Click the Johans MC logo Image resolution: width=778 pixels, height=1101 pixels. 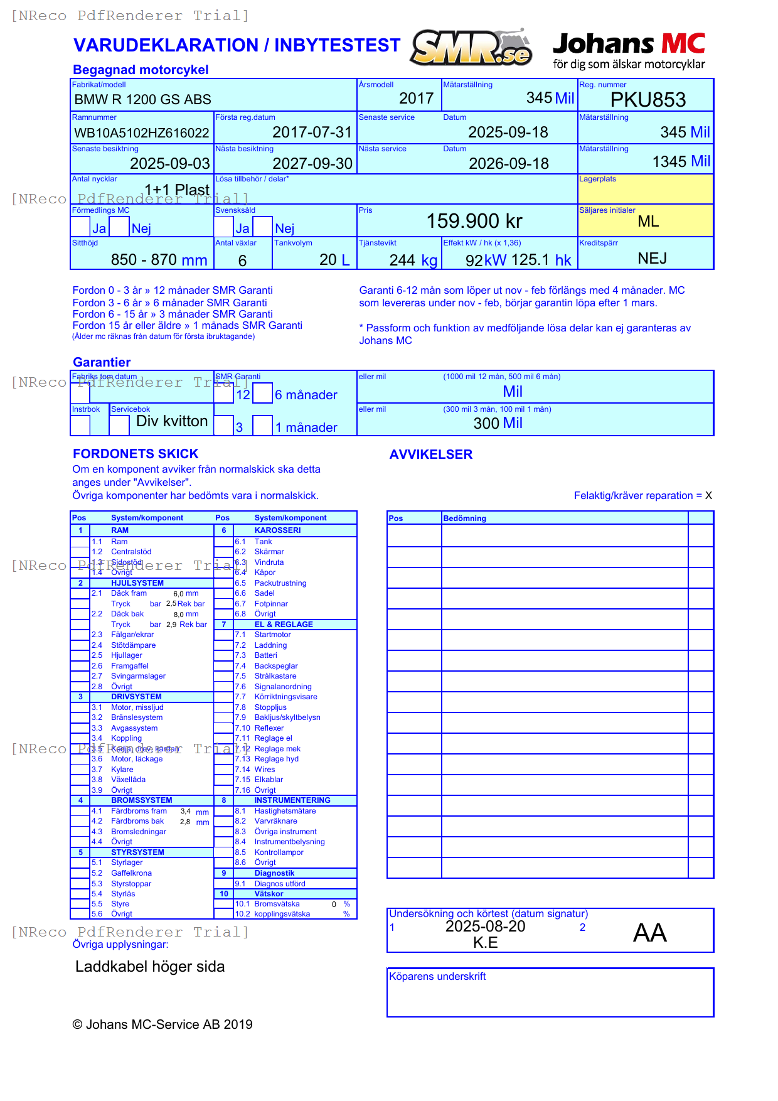point(629,50)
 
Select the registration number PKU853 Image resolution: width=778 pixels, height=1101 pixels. point(647,100)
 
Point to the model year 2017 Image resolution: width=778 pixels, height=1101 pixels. point(416,99)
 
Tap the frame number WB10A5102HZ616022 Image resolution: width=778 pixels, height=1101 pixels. point(142,133)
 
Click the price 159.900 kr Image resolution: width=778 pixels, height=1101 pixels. point(474,221)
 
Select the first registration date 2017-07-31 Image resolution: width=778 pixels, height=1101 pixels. point(312,132)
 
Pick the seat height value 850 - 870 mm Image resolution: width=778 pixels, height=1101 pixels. point(159,260)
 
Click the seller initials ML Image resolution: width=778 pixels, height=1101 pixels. point(647,222)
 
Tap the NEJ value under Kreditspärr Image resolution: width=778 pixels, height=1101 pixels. point(652,259)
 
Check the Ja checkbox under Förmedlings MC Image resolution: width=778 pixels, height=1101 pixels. point(80,227)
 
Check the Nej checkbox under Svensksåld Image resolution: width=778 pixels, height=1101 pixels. point(264,227)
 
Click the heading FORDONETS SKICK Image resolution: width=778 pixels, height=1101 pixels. point(136,454)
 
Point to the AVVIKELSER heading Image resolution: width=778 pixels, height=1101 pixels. point(430,454)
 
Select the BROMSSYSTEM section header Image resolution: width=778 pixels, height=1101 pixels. point(141,800)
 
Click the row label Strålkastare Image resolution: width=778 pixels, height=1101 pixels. point(275,676)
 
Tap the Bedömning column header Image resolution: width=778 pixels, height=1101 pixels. point(464,518)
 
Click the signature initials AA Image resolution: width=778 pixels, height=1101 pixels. point(649,933)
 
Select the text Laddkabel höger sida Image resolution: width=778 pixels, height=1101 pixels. point(150,967)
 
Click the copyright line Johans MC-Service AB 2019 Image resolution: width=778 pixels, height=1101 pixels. point(163,1024)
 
